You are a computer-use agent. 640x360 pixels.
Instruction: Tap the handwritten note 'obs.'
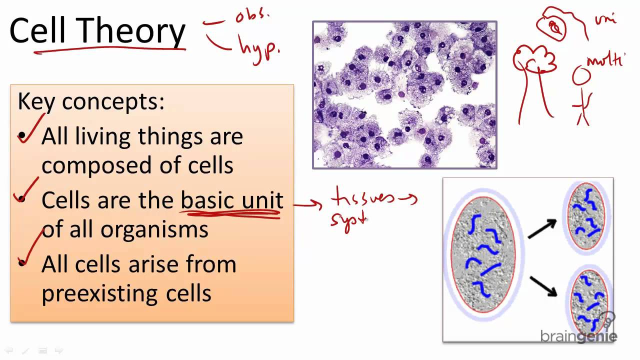[252, 16]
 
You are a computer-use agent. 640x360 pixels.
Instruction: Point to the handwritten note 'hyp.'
[259, 49]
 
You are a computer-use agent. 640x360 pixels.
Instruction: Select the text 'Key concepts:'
[91, 102]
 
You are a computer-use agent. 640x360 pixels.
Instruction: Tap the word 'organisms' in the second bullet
[154, 229]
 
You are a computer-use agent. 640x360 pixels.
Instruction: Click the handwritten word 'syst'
[348, 220]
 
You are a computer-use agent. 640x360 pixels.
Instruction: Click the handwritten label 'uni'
[605, 20]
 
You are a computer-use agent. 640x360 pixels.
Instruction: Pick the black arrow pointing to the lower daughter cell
[543, 286]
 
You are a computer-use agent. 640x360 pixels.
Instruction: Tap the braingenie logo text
[578, 336]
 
